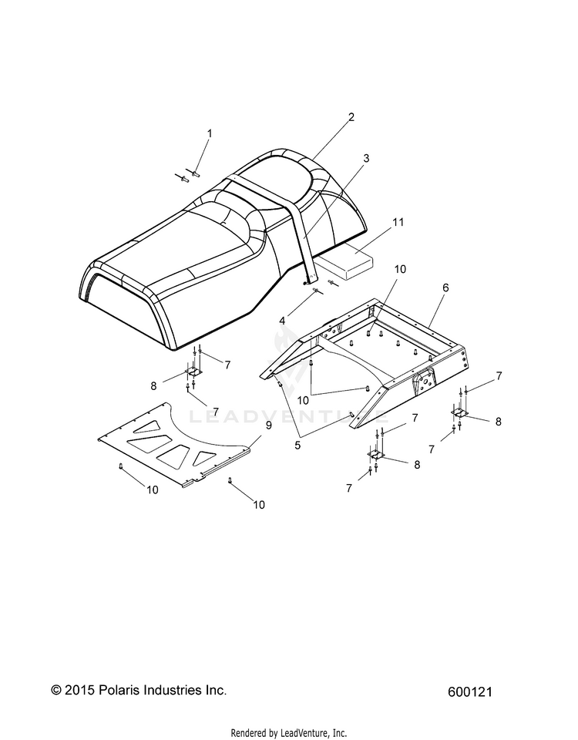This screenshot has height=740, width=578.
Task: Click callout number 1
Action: (187, 133)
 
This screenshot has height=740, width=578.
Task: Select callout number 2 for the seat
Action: (351, 118)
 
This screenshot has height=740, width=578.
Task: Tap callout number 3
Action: (366, 158)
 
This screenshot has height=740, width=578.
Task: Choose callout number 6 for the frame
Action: (445, 287)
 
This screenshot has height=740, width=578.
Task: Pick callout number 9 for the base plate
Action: (268, 424)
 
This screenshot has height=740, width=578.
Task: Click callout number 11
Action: (398, 222)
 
